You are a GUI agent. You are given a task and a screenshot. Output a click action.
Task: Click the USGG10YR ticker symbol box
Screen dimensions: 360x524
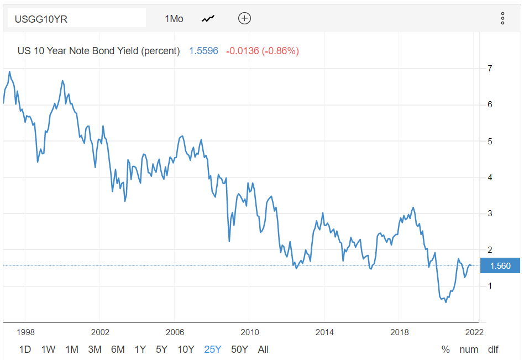coord(76,18)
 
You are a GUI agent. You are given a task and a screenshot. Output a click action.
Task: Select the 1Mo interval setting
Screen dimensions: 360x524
coord(174,18)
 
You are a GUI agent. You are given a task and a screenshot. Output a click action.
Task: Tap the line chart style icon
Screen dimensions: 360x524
coord(208,18)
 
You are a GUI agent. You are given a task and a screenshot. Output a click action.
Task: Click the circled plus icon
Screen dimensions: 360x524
coord(244,18)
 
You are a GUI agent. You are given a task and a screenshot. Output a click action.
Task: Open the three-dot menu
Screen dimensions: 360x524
coord(502,18)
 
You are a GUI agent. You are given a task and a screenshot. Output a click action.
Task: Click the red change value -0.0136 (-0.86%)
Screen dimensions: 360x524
coord(263,51)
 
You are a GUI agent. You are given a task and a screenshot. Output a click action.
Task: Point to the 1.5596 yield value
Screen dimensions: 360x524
coord(203,51)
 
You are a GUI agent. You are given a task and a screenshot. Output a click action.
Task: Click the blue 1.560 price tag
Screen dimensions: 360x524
coord(500,266)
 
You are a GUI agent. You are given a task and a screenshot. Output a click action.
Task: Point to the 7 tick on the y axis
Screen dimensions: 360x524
coord(490,69)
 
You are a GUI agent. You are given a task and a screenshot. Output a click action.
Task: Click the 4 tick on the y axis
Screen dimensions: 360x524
coord(490,178)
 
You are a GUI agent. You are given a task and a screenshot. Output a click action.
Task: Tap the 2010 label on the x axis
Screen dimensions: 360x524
coord(249,332)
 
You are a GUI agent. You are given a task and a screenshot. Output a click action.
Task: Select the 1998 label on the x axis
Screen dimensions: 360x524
coord(25,332)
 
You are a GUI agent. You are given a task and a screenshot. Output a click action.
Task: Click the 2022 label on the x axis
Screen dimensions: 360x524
coord(474,332)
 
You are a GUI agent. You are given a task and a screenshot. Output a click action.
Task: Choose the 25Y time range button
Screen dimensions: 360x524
coord(213,349)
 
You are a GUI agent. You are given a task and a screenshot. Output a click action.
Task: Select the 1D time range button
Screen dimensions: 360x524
coord(25,349)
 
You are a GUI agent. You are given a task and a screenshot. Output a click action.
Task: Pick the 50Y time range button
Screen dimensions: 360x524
coord(239,349)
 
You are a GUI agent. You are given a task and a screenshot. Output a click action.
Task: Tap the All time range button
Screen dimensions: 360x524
coord(263,349)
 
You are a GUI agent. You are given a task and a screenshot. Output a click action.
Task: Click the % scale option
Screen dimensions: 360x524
coord(446,349)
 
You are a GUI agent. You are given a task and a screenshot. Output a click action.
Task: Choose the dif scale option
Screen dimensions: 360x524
coord(493,349)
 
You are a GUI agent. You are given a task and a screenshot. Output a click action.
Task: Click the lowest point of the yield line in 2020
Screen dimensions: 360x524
coord(446,302)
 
